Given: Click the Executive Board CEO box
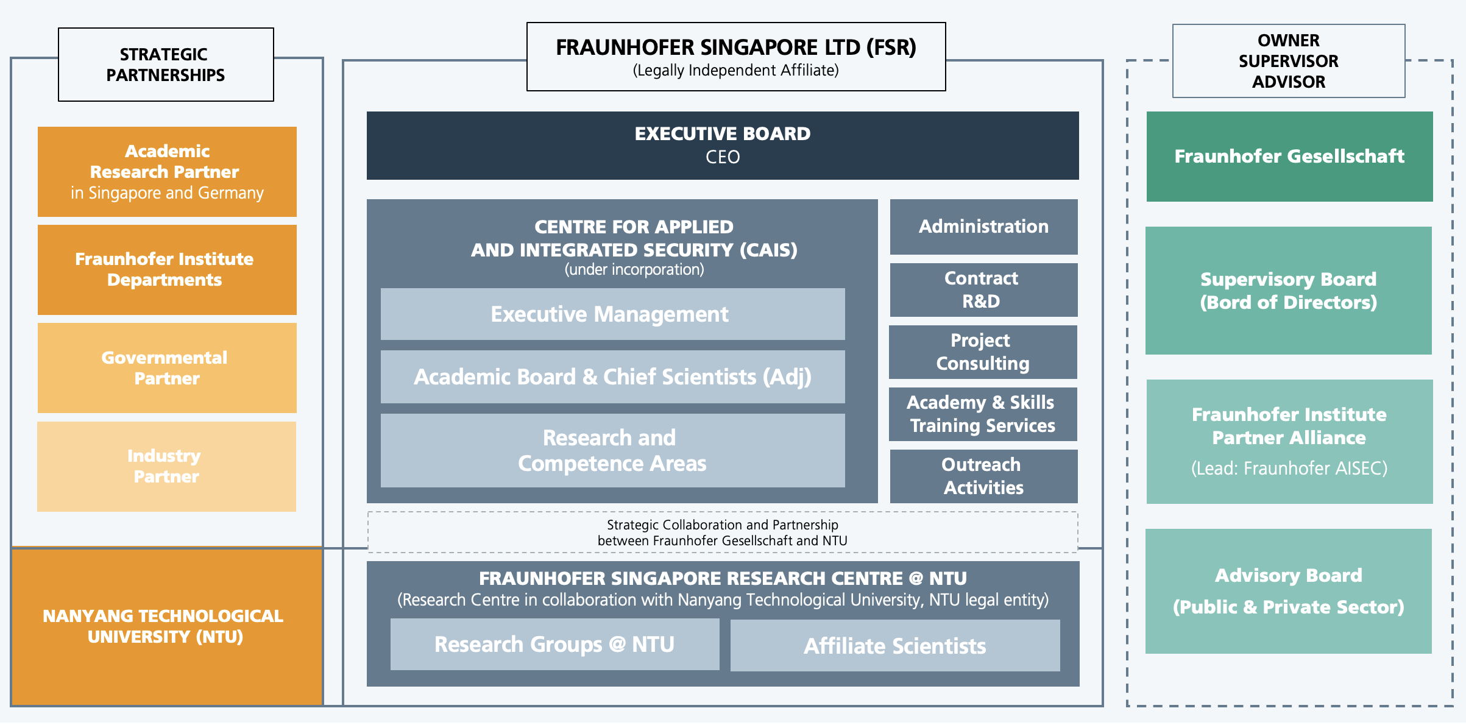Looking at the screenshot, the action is (723, 146).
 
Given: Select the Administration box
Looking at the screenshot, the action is (983, 227).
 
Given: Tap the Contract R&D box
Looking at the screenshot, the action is (983, 290).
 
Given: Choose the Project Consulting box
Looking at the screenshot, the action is (983, 352).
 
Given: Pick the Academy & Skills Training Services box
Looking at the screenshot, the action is (983, 414).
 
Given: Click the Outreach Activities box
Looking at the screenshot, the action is (983, 476).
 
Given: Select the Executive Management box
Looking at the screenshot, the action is (612, 314).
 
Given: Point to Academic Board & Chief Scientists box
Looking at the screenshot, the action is (612, 377).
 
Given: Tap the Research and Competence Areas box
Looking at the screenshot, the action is (612, 451).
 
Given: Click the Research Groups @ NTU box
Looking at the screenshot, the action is (554, 645).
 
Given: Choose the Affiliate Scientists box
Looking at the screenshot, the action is (895, 646).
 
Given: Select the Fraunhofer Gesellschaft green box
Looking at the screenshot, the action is (1289, 157).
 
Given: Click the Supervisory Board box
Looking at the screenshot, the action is (1289, 291).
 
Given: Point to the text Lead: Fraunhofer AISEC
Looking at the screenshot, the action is (1289, 468).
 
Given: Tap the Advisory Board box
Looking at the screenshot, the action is (1289, 591).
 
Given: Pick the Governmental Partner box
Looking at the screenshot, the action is (167, 368).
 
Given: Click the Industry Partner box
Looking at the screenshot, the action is (166, 467).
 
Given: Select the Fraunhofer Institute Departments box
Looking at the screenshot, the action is (167, 270).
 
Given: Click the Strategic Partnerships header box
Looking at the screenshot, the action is (166, 65).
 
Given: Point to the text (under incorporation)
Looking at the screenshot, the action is (634, 269).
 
